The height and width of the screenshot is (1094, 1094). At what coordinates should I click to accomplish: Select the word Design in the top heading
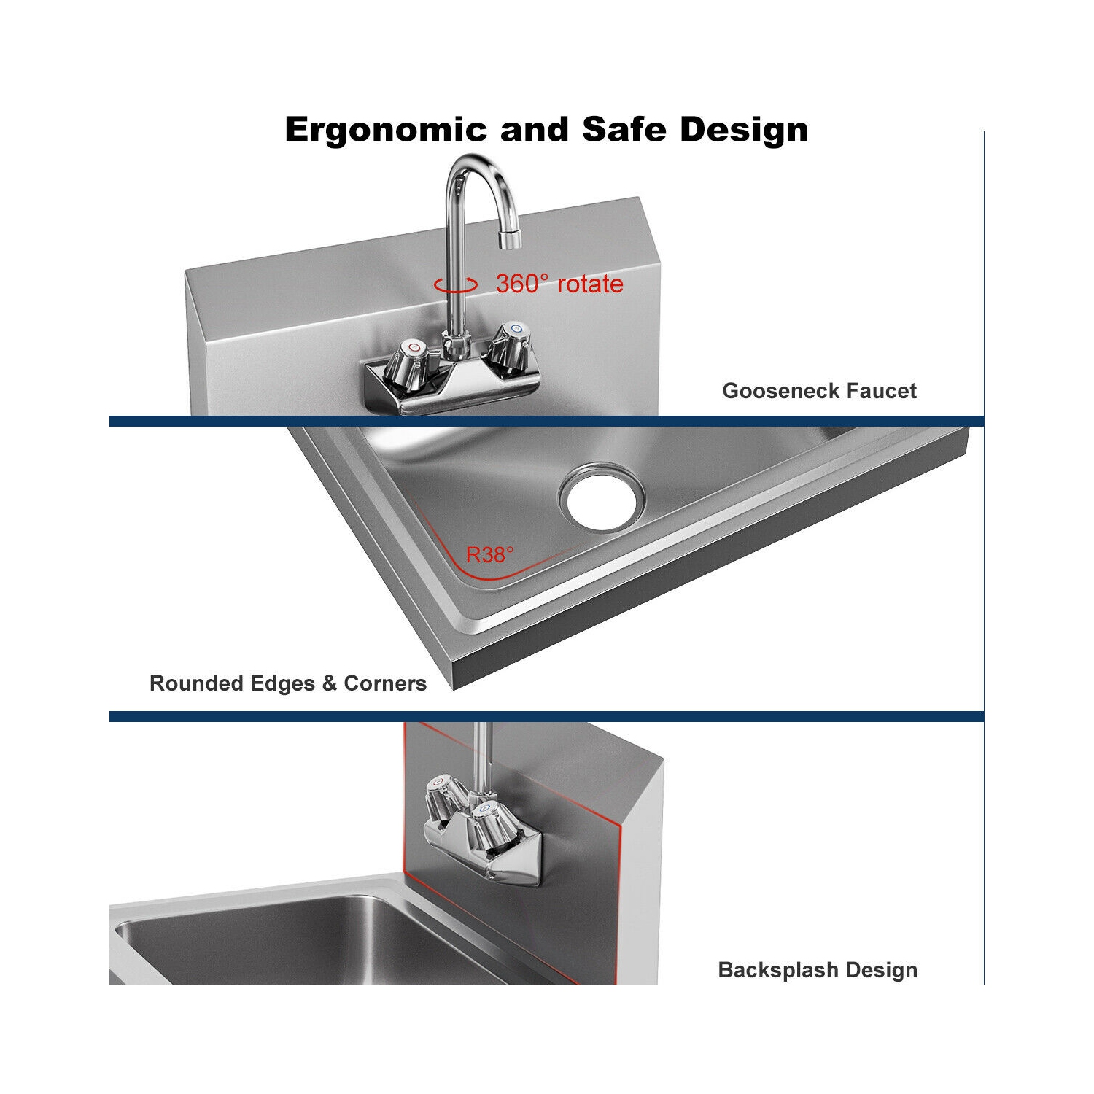(x=744, y=130)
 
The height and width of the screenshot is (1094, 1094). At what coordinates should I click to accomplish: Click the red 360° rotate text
(x=559, y=284)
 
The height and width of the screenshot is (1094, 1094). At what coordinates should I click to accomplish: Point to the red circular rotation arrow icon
(x=455, y=285)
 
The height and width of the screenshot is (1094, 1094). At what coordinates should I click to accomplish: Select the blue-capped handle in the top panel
(x=511, y=343)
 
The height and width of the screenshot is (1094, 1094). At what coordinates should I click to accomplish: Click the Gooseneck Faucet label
(x=819, y=391)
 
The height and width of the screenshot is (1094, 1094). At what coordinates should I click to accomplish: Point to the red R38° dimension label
(x=489, y=555)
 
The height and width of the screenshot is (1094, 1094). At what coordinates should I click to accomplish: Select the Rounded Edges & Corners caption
(x=287, y=683)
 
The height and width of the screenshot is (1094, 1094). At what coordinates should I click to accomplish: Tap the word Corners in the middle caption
(x=384, y=683)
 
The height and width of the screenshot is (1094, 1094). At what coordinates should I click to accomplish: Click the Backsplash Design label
(x=818, y=970)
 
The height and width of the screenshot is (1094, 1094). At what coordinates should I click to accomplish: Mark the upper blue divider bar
(x=546, y=421)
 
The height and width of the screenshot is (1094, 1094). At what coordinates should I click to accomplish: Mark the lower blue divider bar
(x=546, y=717)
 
